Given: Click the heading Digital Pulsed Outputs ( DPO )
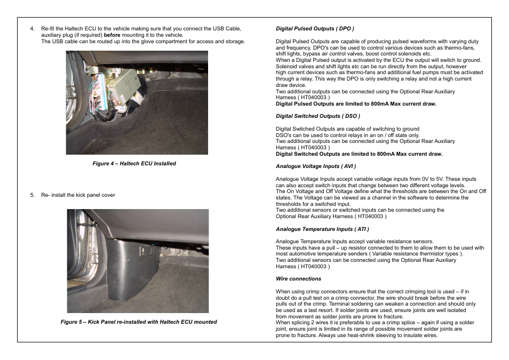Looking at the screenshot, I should point(315,29).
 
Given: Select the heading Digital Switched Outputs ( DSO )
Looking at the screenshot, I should point(317,116).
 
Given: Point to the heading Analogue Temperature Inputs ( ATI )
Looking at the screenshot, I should point(322,229).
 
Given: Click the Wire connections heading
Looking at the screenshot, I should point(298,279).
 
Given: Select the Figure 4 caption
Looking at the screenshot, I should point(134,164).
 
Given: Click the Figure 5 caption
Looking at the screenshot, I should point(138,322).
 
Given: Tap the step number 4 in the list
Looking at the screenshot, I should point(32,29).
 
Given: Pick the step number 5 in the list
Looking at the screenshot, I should point(32,195).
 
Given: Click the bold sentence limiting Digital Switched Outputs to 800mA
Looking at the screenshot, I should point(359,154).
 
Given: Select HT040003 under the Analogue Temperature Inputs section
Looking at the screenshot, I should point(314,267).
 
